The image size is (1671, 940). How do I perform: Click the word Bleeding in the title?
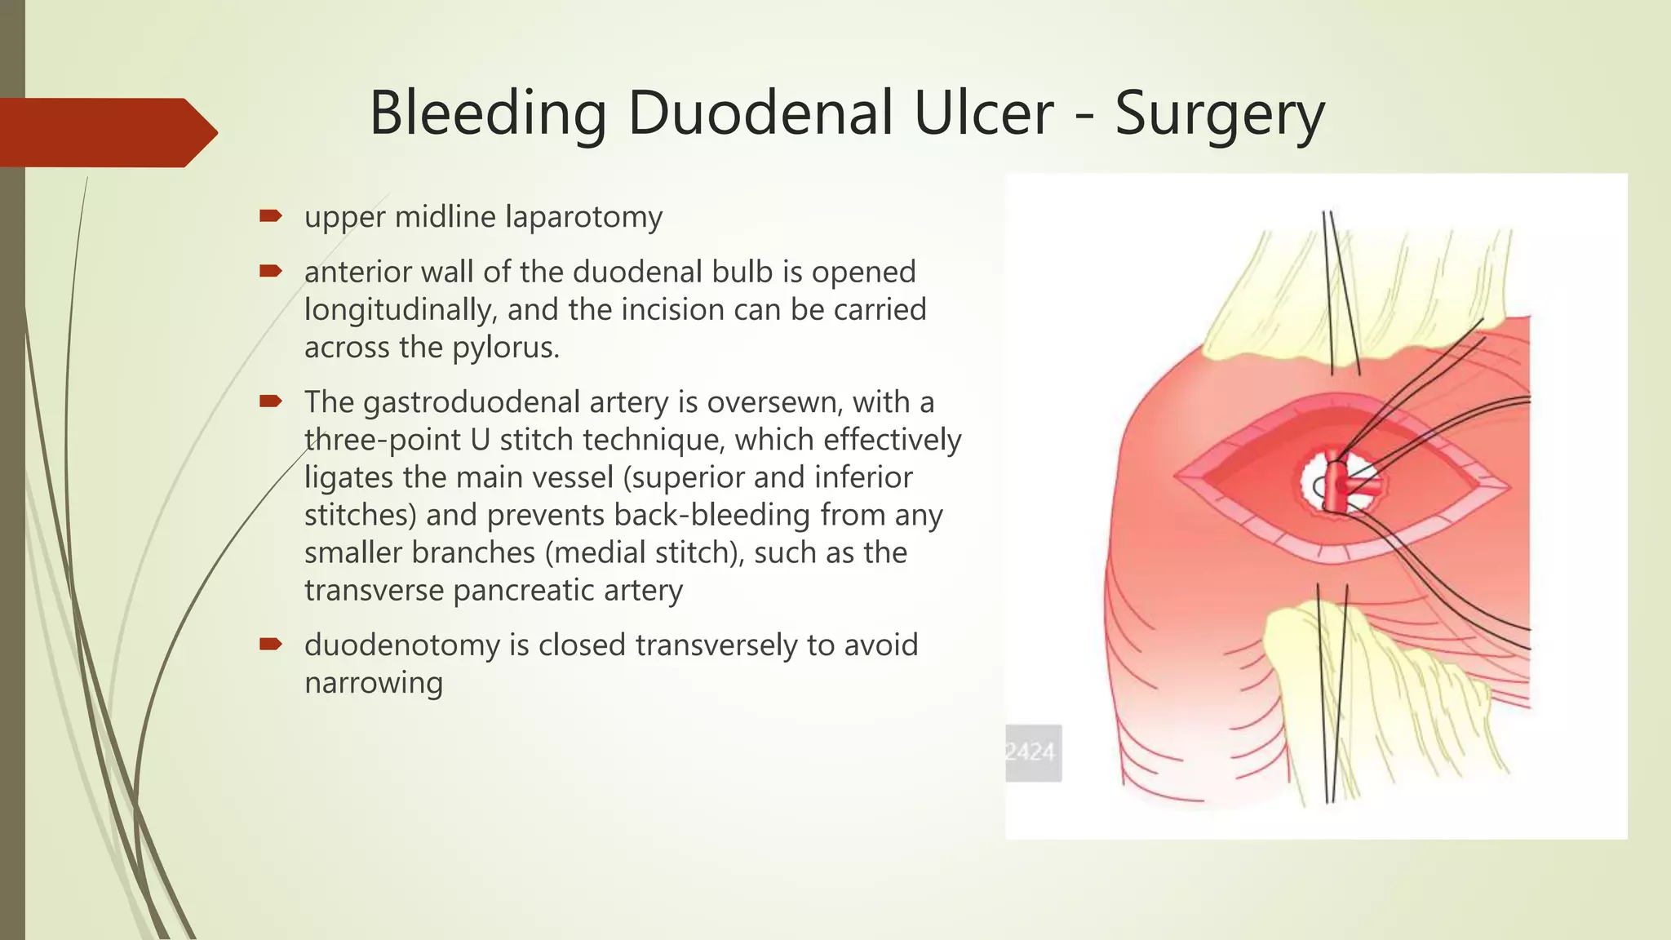487,113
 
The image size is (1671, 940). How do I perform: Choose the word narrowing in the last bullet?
373,682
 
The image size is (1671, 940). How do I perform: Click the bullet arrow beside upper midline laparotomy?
270,216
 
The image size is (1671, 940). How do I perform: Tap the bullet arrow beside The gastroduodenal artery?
270,401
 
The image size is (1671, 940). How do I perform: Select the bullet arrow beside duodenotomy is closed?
270,644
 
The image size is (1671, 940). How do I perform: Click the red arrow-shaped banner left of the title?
106,132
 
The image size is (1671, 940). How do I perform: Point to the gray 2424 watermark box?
1033,752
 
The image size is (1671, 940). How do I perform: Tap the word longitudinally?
400,310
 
